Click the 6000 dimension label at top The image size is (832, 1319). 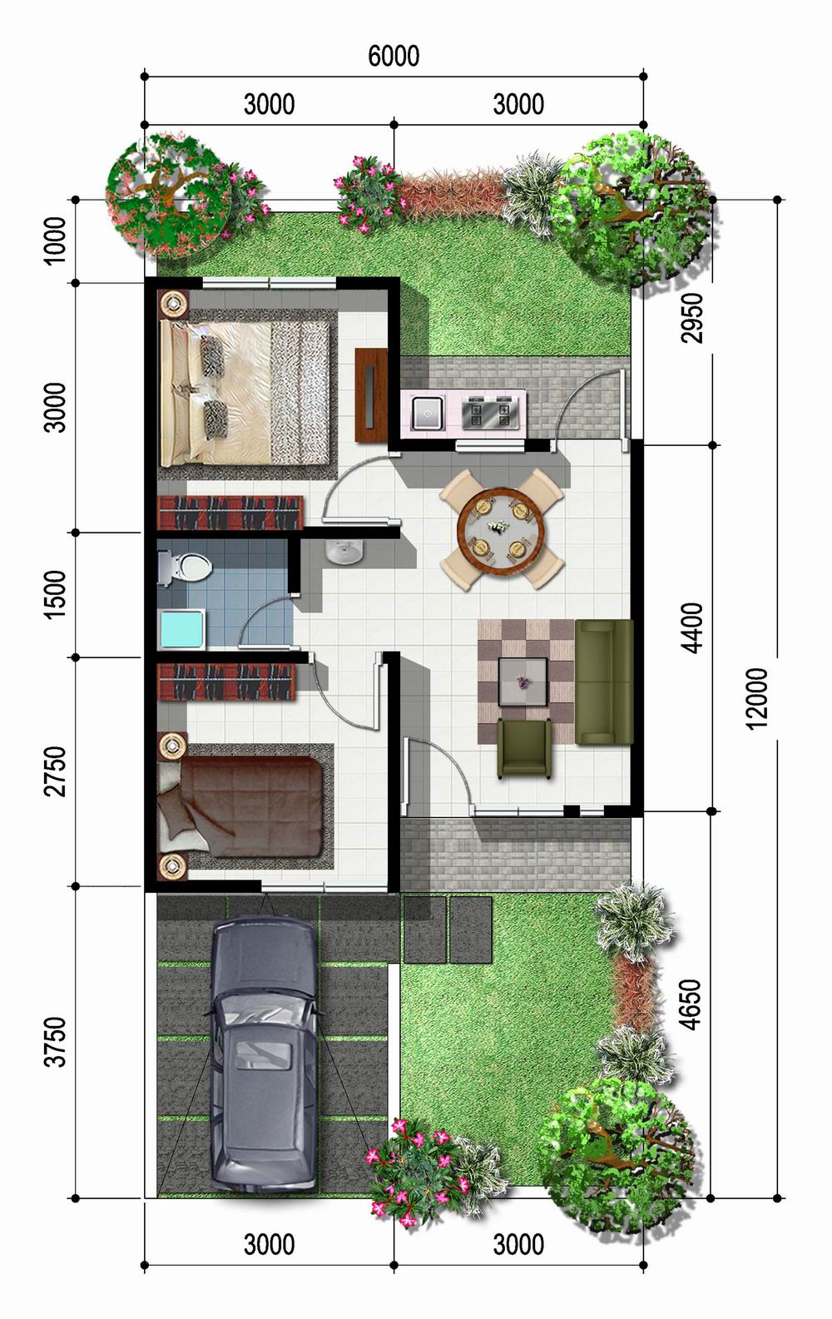coord(394,56)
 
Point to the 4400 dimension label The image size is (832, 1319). coord(693,627)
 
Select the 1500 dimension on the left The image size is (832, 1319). coord(55,594)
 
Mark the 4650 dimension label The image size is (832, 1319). coord(691,1004)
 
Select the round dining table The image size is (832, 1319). coord(500,528)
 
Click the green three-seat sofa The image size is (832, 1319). coord(604,682)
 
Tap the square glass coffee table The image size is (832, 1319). coord(522,682)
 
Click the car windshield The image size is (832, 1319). coord(262,1013)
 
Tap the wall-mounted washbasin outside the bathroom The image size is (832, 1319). coord(344,552)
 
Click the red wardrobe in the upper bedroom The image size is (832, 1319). coord(229,512)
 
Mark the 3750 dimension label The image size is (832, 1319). coord(55,1041)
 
